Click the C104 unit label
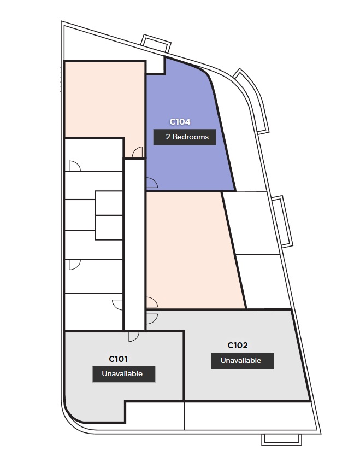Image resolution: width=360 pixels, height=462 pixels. click(x=180, y=122)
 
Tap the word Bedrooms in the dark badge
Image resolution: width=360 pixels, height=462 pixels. click(x=191, y=137)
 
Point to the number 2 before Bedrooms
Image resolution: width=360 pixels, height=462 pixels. click(x=168, y=137)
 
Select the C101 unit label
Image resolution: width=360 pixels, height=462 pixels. click(x=119, y=359)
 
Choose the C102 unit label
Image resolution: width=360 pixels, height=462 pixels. click(x=238, y=346)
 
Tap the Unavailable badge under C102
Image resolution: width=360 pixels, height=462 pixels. click(x=242, y=361)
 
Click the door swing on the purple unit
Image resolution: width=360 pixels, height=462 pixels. click(x=152, y=183)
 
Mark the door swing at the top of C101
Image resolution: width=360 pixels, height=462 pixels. click(x=134, y=336)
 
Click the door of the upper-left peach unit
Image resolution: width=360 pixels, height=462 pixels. click(x=138, y=153)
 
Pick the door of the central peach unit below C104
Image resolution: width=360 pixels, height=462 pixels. click(x=152, y=302)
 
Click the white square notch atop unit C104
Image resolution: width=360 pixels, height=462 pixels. click(x=155, y=65)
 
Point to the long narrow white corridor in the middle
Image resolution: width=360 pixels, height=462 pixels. click(x=134, y=245)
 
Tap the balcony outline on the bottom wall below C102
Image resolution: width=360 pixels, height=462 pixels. click(x=282, y=440)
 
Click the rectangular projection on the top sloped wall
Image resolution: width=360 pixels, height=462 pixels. click(x=156, y=43)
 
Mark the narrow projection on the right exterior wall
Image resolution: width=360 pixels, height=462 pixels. click(x=283, y=221)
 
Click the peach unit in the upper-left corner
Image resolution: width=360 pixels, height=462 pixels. click(x=104, y=99)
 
